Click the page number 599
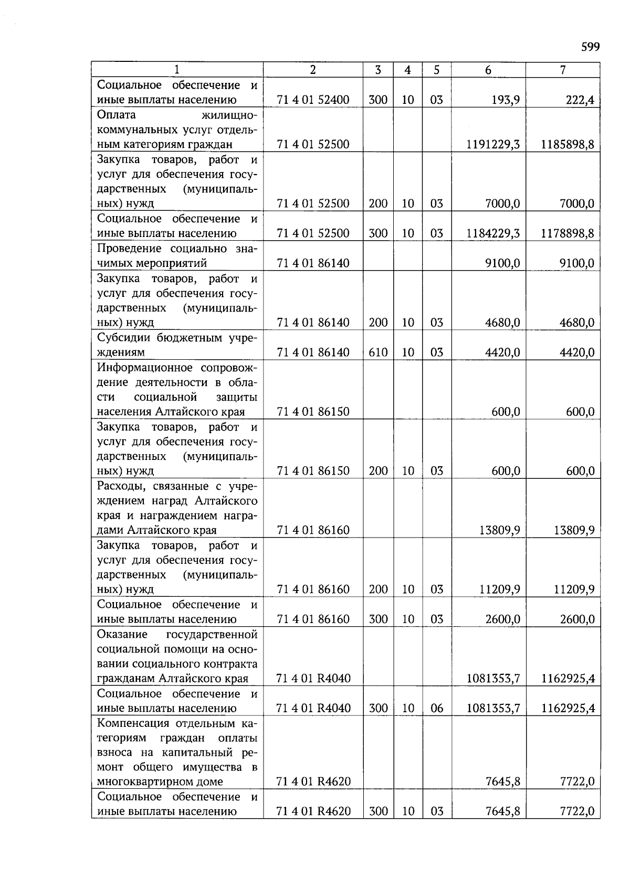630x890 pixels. point(590,47)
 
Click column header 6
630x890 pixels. point(488,70)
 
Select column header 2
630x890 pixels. point(313,70)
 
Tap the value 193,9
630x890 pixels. point(506,100)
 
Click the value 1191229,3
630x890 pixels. point(492,144)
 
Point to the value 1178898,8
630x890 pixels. point(568,233)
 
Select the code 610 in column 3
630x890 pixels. point(378,352)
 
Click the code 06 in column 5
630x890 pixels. point(436,709)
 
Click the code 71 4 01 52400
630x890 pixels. point(313,100)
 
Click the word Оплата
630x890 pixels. point(116,115)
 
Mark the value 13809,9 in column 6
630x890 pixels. point(499,530)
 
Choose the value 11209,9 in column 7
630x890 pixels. point(574,589)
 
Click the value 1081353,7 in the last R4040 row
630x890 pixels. point(492,709)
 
